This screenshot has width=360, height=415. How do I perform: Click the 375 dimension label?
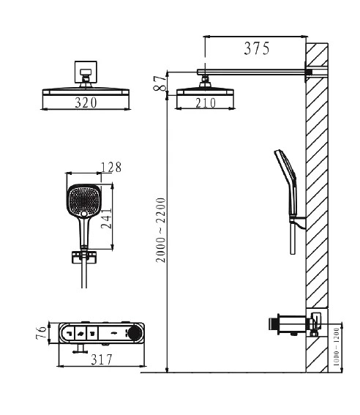coord(257,48)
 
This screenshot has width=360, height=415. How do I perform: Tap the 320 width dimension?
coord(86,102)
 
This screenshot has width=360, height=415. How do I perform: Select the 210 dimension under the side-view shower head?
coord(206,103)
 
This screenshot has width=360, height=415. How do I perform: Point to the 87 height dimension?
coord(160,83)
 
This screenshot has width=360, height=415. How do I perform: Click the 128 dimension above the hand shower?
coord(111,168)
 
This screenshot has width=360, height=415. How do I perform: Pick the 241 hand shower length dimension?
coord(107,219)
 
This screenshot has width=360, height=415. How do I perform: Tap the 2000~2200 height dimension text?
coord(160,230)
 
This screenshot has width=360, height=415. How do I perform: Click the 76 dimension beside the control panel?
coord(41,333)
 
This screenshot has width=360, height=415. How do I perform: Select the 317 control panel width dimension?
coord(102,359)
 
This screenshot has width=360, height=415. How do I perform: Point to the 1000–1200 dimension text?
coord(336,346)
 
